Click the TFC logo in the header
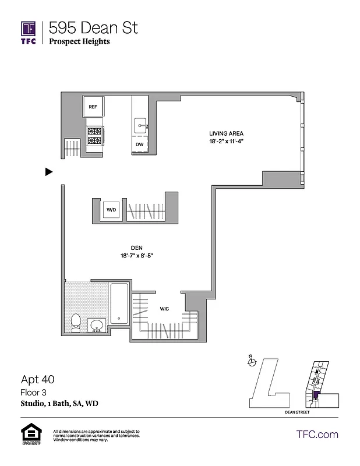click(x=29, y=33)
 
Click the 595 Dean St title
click(x=93, y=27)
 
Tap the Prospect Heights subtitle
click(x=79, y=41)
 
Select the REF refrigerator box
click(x=93, y=107)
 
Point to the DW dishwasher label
click(x=140, y=144)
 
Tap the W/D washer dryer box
click(x=111, y=210)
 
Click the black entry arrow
click(x=49, y=172)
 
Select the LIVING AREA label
click(x=226, y=133)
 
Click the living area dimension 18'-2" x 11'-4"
click(x=226, y=142)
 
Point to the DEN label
click(x=137, y=247)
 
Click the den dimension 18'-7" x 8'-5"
click(x=137, y=255)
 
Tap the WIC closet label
click(x=165, y=309)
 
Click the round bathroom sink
click(x=97, y=324)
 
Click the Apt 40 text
click(x=37, y=379)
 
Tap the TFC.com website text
click(x=317, y=434)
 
